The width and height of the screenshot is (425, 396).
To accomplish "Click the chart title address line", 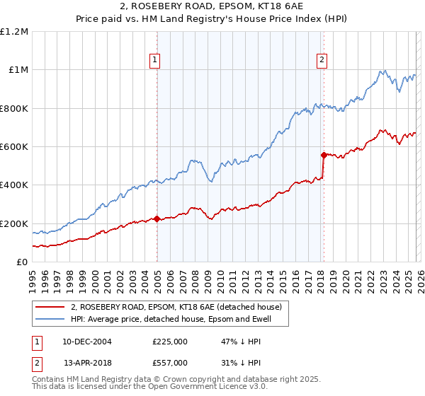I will pyautogui.click(x=212, y=6).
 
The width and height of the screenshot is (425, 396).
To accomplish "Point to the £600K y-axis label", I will pyautogui.click(x=14, y=147).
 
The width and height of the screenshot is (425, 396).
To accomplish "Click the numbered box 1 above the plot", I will pyautogui.click(x=154, y=61).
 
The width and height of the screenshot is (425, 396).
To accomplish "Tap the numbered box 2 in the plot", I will pyautogui.click(x=322, y=61).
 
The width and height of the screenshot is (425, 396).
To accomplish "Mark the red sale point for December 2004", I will pyautogui.click(x=157, y=219).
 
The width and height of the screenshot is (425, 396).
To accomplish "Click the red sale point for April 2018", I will pyautogui.click(x=324, y=155).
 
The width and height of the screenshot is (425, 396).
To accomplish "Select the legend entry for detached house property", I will pyautogui.click(x=176, y=307).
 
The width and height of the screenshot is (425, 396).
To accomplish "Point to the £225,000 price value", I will pyautogui.click(x=170, y=341).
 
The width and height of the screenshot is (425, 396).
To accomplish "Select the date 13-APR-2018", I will pyautogui.click(x=86, y=363).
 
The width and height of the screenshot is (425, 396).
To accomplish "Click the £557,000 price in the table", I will pyautogui.click(x=170, y=363).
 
